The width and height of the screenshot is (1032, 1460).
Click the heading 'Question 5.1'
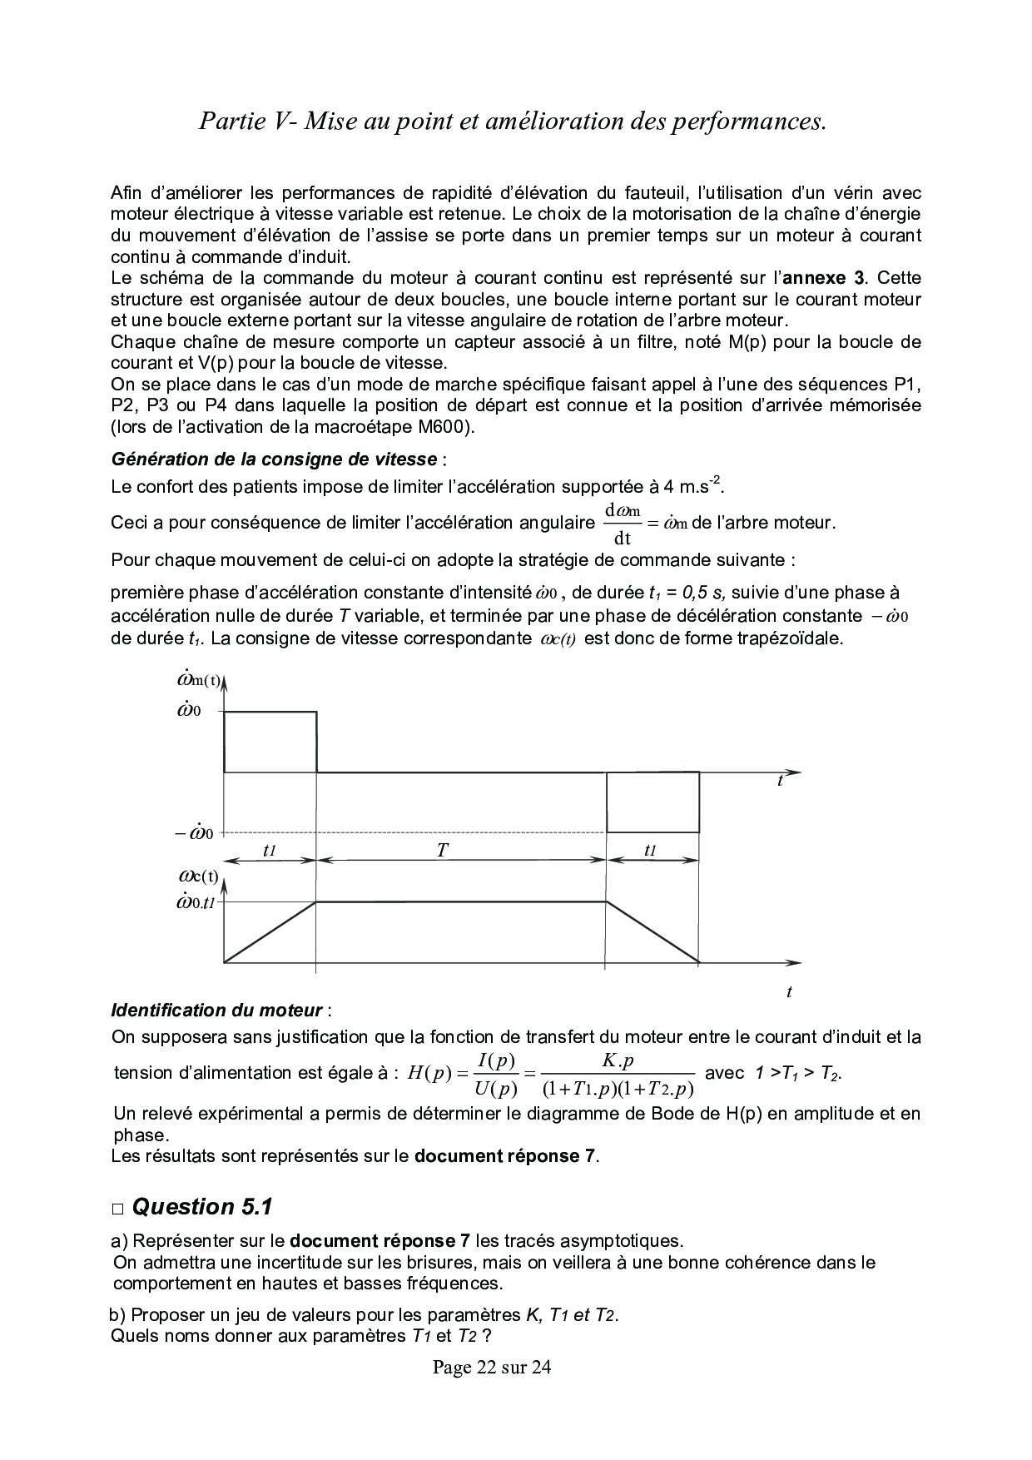202,1207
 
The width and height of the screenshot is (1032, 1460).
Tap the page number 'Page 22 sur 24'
492,1368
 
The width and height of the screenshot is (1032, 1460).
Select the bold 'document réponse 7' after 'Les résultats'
506,1155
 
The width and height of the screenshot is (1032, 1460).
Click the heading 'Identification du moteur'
216,1011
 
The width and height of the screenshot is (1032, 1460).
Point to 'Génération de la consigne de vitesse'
274,459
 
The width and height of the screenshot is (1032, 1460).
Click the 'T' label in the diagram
443,851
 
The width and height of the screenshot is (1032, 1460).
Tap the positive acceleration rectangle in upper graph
270,742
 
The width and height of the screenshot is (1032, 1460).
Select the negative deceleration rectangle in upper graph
652,802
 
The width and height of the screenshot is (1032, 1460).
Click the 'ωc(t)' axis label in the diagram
198,876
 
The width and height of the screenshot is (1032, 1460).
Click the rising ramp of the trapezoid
270,932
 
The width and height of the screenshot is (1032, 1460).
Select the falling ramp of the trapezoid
652,932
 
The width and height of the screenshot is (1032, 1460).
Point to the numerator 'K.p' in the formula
618,1061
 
